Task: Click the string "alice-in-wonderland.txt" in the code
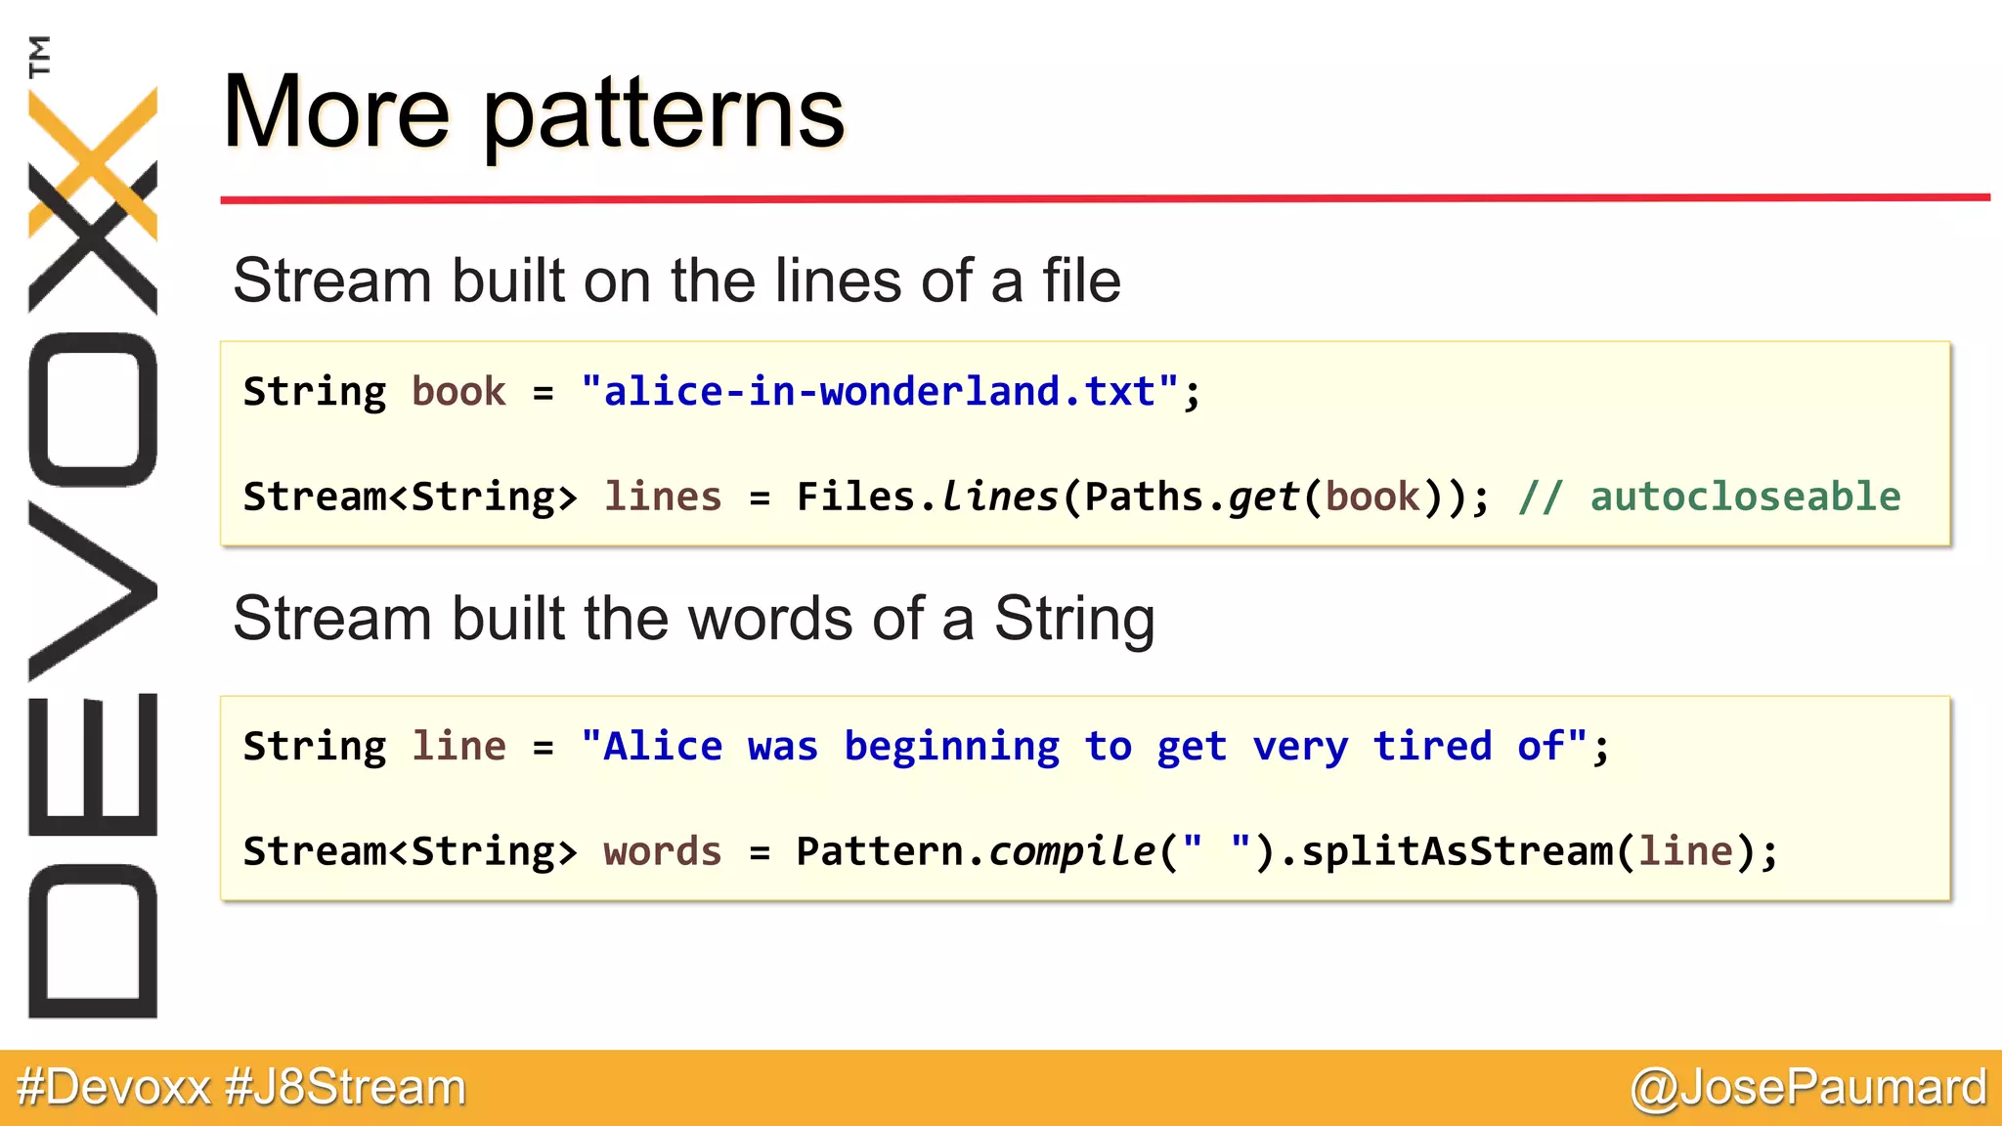pos(880,392)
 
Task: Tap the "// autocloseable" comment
pos(1710,497)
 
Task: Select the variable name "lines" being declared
pos(663,497)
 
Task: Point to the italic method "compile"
pos(1071,851)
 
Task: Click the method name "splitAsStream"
pos(1457,851)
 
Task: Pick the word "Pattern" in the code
pos(879,851)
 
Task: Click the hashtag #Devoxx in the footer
pos(113,1088)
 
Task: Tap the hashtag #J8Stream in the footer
pos(346,1088)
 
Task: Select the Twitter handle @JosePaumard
pos(1808,1088)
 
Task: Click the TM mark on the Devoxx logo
pos(39,56)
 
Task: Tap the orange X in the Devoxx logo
pos(93,161)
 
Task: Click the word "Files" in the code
pos(855,497)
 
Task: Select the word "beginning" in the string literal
pos(951,747)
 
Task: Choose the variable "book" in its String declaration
pos(458,392)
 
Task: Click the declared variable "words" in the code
pos(663,851)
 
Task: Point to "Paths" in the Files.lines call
pos(1144,497)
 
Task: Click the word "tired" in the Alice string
pos(1432,747)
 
